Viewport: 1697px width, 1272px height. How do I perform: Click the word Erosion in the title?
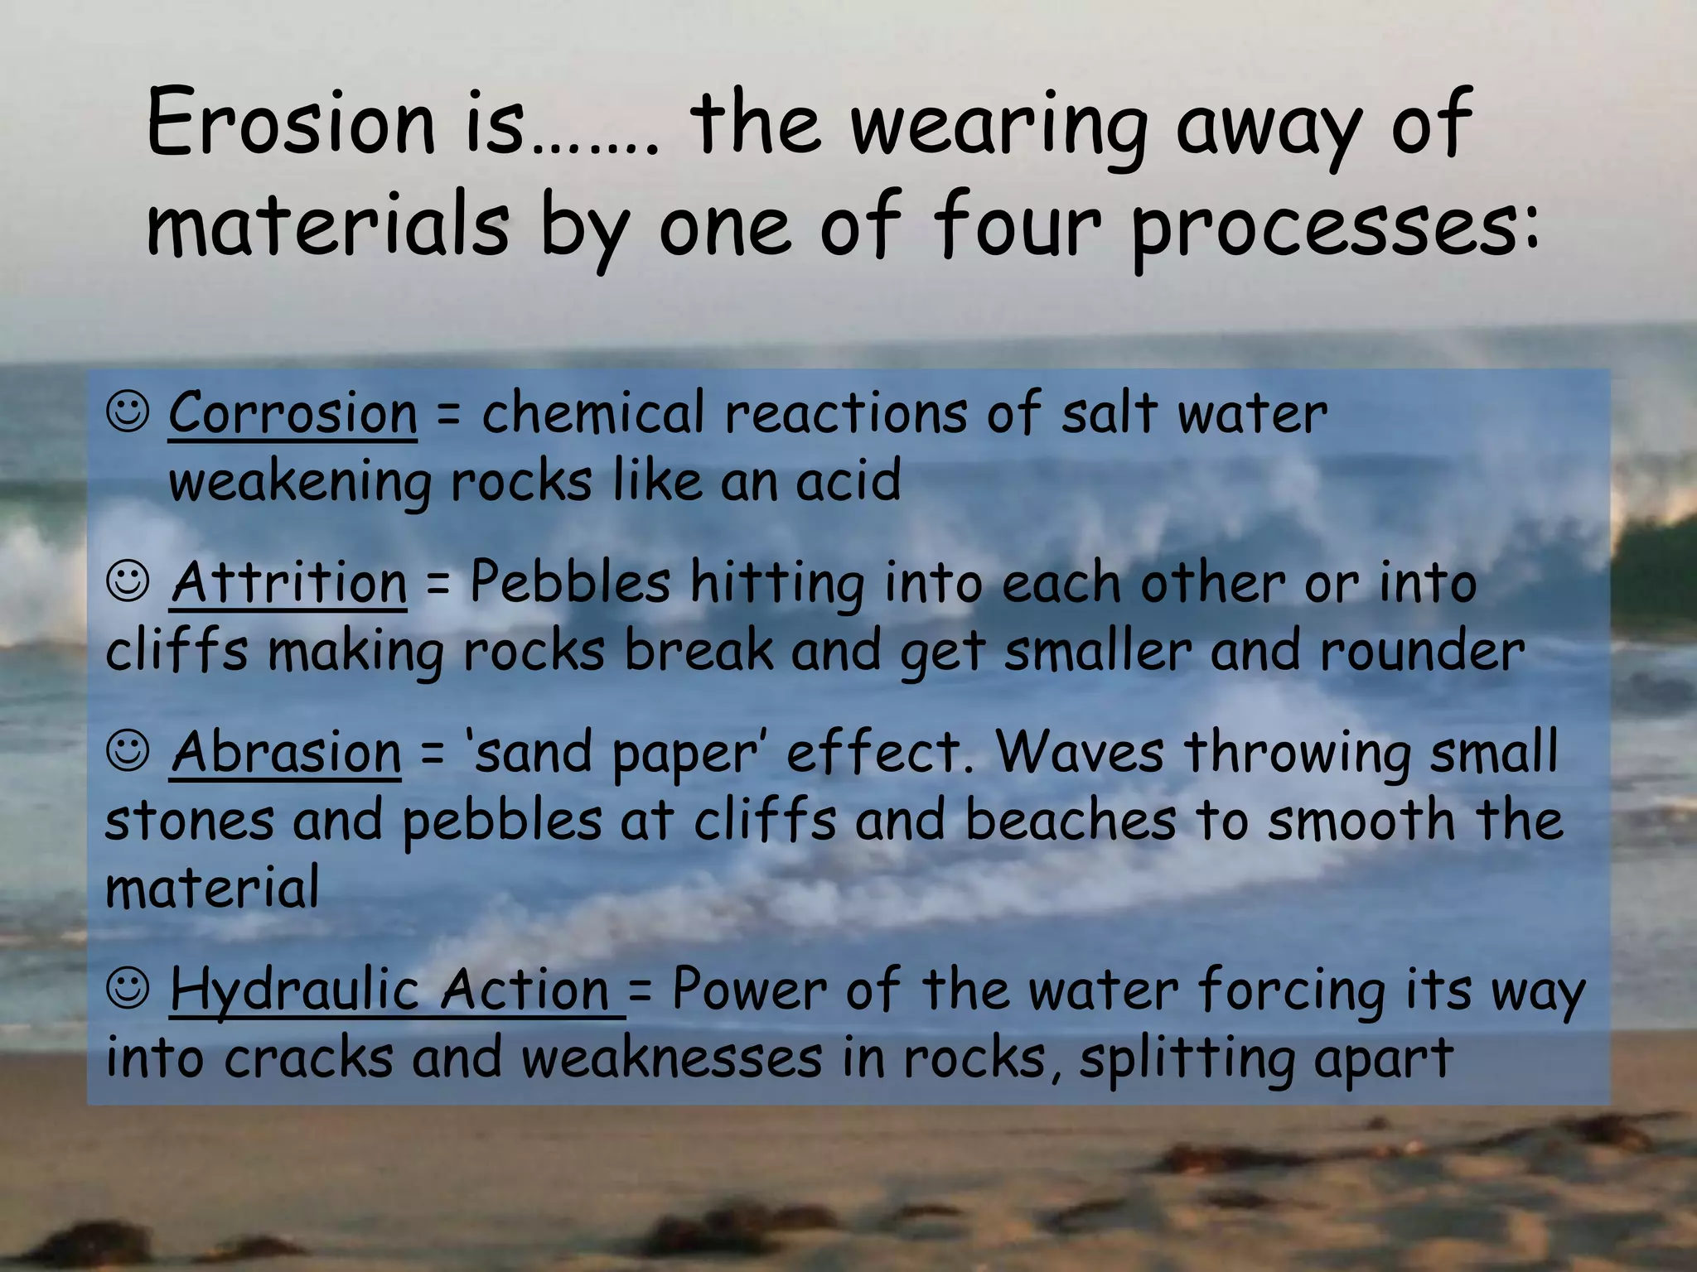pyautogui.click(x=291, y=124)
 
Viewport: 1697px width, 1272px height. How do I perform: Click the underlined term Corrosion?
pyautogui.click(x=293, y=412)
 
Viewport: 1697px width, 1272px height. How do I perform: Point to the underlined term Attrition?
pyautogui.click(x=289, y=582)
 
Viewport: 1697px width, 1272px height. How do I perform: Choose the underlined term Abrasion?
pyautogui.click(x=287, y=753)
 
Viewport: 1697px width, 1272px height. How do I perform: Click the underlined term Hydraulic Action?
pyautogui.click(x=396, y=990)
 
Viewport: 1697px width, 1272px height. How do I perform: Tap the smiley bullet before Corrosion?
pyautogui.click(x=128, y=412)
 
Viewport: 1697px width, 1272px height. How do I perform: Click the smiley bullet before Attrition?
pyautogui.click(x=128, y=582)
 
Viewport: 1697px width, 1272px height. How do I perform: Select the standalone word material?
pyautogui.click(x=212, y=887)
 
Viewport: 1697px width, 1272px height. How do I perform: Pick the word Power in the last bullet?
pyautogui.click(x=749, y=990)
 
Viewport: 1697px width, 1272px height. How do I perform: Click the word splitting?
pyautogui.click(x=1185, y=1059)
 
